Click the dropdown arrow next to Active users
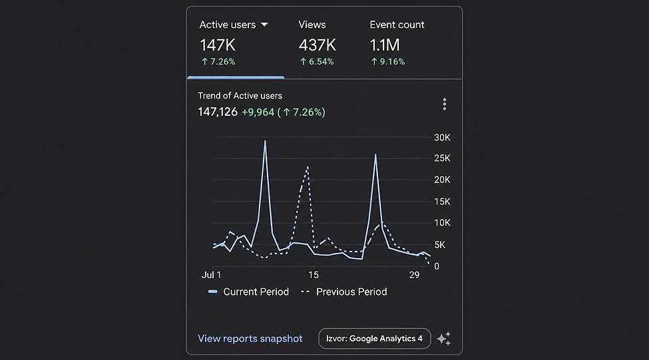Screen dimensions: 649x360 tap(264, 25)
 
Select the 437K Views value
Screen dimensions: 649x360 tap(318, 45)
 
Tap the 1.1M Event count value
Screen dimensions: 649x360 tap(385, 45)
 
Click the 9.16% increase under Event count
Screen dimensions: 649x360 tap(388, 62)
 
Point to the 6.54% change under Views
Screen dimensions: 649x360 tap(317, 62)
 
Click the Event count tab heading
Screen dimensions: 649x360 tap(397, 25)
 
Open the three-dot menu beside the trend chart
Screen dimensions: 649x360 tap(445, 104)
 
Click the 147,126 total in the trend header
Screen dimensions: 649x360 tap(218, 112)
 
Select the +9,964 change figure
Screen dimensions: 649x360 tap(258, 112)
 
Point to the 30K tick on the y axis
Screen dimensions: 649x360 tap(442, 137)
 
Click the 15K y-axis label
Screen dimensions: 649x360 tap(442, 202)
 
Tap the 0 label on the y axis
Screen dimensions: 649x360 tap(437, 266)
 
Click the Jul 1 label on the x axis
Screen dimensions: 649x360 tap(212, 275)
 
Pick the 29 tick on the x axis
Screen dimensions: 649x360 tap(414, 275)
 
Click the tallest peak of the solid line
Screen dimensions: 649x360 tap(266, 141)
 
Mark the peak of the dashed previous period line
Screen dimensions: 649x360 tap(308, 167)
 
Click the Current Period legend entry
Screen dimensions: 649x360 tap(248, 291)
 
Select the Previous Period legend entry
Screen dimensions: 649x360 tap(344, 291)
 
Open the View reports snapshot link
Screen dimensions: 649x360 tap(250, 339)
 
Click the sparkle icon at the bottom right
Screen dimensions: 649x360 tap(444, 339)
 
